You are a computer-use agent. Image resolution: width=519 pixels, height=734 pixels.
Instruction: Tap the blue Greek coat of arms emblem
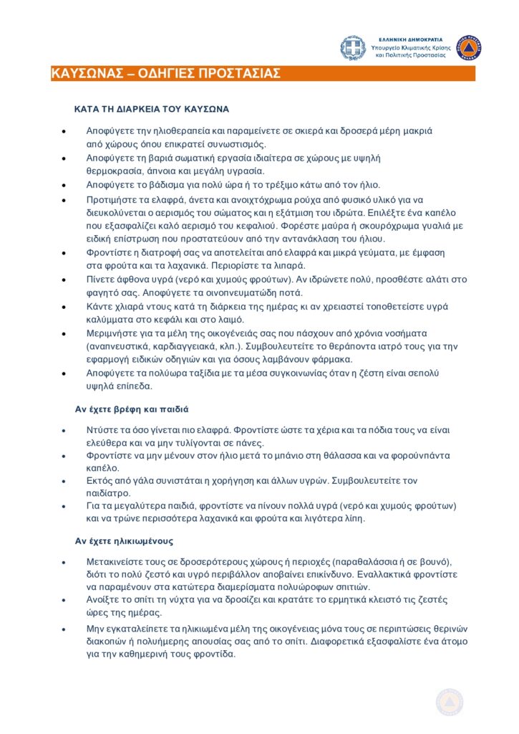[352, 48]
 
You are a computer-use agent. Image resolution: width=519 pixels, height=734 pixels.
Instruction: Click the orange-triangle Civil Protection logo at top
[469, 47]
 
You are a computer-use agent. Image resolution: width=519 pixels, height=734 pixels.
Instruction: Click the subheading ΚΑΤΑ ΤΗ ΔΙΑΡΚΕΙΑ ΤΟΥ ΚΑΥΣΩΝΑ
[152, 110]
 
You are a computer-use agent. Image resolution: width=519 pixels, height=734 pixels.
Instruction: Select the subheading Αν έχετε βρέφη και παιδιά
[132, 409]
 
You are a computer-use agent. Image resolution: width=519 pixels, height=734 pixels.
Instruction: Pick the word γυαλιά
[427, 226]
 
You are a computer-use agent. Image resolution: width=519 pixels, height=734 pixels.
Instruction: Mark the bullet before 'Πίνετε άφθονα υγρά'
[64, 280]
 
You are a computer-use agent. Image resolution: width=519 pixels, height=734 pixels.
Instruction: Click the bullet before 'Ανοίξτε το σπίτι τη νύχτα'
[64, 601]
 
